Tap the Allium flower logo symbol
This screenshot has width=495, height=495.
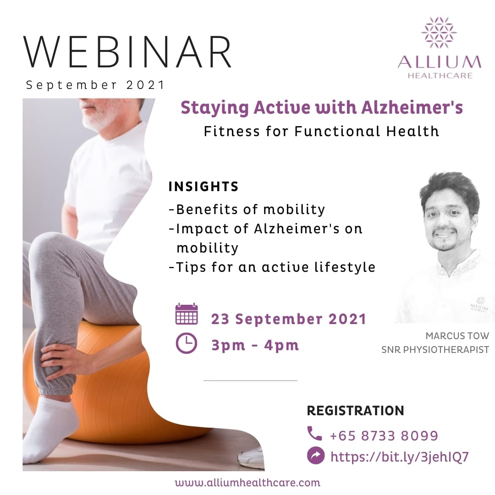click(x=439, y=33)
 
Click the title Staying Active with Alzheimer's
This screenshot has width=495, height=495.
click(x=321, y=108)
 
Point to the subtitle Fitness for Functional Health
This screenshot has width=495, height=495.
click(x=321, y=132)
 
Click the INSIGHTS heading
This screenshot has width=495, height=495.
click(x=203, y=187)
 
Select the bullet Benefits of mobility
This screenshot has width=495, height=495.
click(x=247, y=209)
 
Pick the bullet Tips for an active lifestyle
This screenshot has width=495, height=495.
click(x=272, y=267)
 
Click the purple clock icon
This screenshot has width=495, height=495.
click(x=187, y=344)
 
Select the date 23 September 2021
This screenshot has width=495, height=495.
click(x=289, y=319)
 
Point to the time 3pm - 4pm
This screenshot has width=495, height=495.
click(x=255, y=345)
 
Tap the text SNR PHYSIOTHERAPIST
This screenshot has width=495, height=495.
click(x=435, y=350)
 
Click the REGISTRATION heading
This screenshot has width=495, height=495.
click(x=355, y=411)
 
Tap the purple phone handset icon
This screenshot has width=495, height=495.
click(x=315, y=434)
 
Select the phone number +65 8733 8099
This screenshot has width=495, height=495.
click(x=384, y=435)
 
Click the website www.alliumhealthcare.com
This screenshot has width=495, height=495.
click(x=247, y=482)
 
